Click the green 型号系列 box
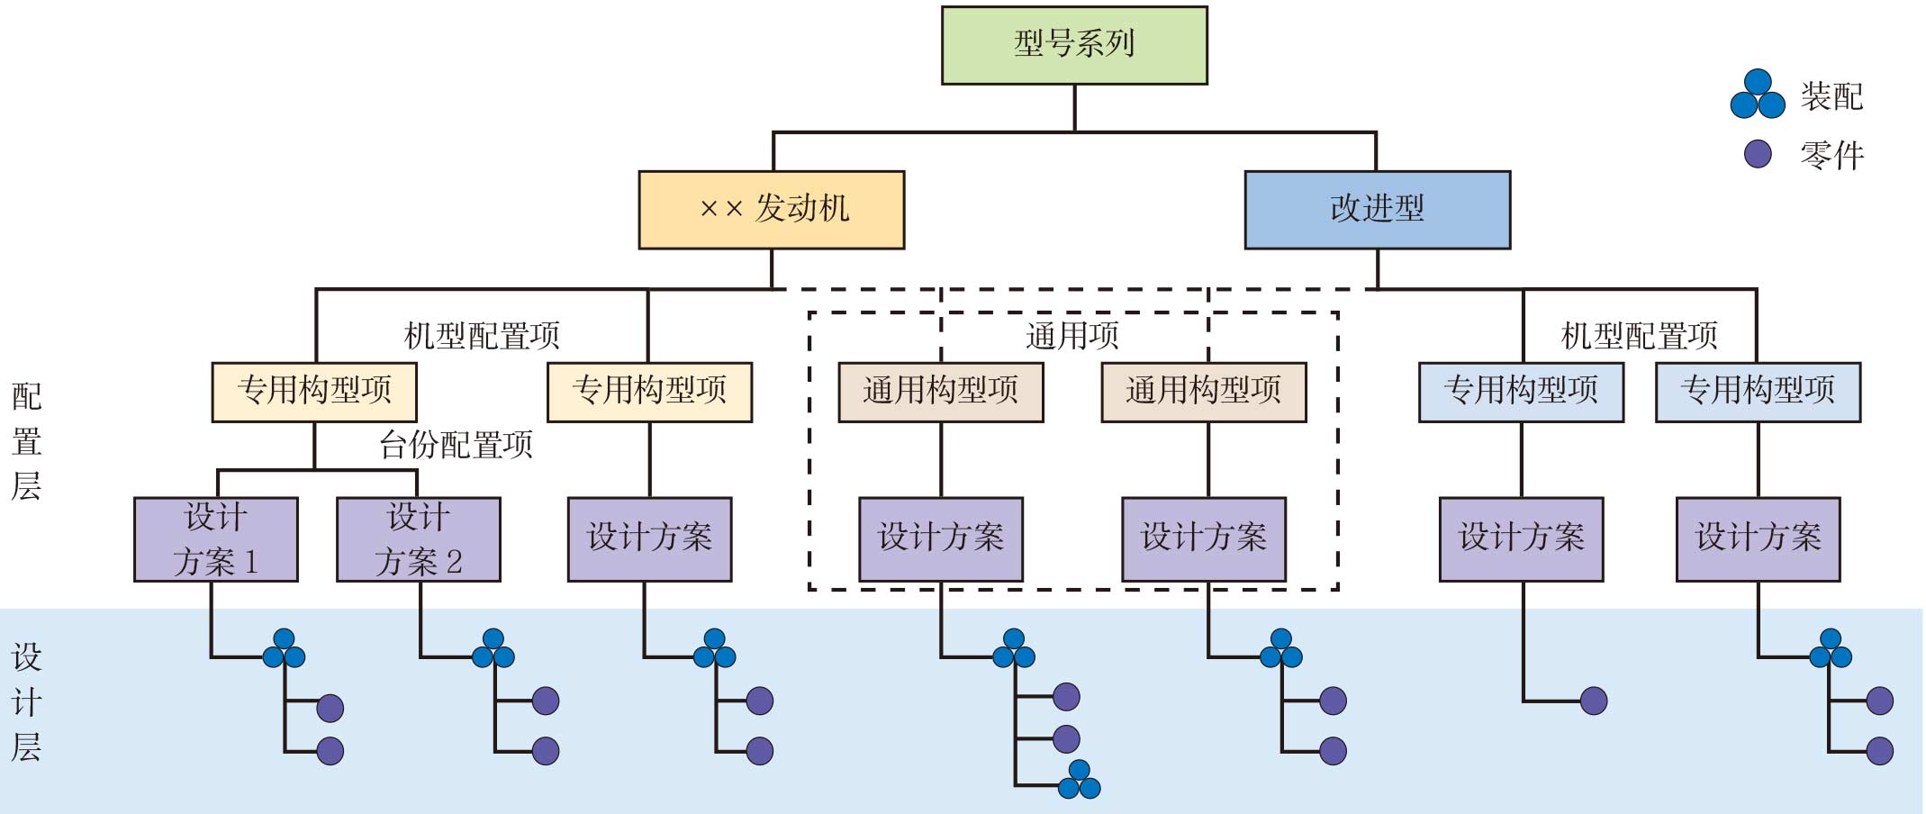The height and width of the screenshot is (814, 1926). click(x=1074, y=45)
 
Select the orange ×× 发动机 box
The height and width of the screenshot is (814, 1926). click(x=772, y=210)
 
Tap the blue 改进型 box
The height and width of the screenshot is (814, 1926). click(x=1377, y=210)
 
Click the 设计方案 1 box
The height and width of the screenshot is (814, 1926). click(x=216, y=539)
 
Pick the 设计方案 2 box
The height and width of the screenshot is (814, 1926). click(x=419, y=539)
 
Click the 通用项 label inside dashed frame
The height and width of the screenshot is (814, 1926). click(x=1072, y=336)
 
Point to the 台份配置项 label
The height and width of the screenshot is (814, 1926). click(x=456, y=445)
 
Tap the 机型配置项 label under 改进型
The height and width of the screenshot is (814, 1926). click(x=1639, y=336)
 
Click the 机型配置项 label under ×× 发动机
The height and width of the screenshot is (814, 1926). click(x=482, y=336)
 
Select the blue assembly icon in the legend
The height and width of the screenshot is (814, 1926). click(x=1758, y=95)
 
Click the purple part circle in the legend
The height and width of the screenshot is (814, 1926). click(x=1758, y=154)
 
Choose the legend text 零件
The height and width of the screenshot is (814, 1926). click(x=1831, y=155)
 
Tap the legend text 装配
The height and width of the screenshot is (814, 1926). click(x=1831, y=96)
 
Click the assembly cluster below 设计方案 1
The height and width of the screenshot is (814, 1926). click(x=284, y=649)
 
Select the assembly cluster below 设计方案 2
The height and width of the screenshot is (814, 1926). click(x=493, y=649)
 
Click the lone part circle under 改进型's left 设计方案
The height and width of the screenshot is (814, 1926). click(x=1594, y=701)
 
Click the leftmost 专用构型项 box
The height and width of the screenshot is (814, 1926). click(x=314, y=392)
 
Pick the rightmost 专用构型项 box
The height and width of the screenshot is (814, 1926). click(x=1758, y=392)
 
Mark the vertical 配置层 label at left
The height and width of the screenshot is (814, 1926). click(x=26, y=441)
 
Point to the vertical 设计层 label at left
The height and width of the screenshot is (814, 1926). click(x=26, y=702)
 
